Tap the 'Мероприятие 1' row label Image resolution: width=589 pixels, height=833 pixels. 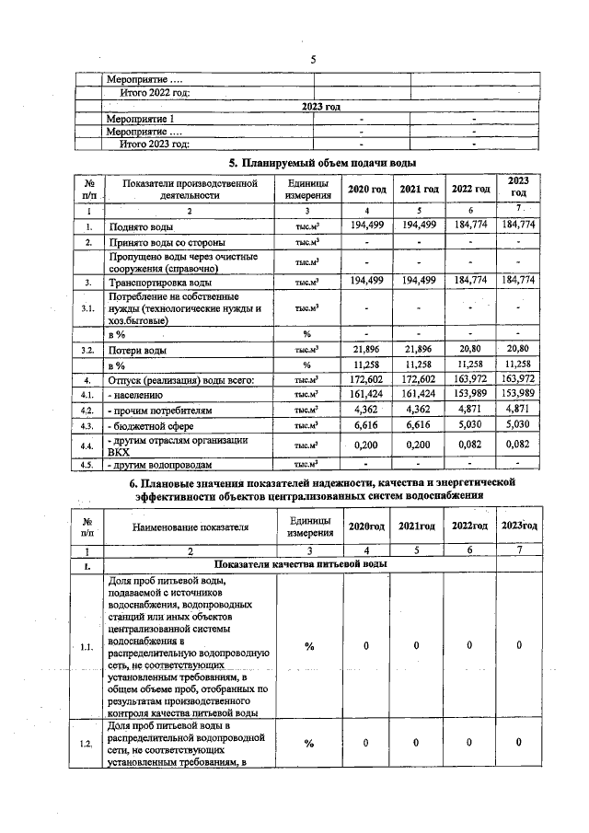pos(140,120)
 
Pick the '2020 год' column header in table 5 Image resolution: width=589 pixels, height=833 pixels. pos(367,189)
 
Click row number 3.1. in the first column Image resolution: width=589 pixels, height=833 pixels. pos(88,308)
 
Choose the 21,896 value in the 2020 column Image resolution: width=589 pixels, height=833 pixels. pos(367,350)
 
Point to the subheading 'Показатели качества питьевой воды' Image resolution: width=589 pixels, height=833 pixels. pos(300,563)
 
